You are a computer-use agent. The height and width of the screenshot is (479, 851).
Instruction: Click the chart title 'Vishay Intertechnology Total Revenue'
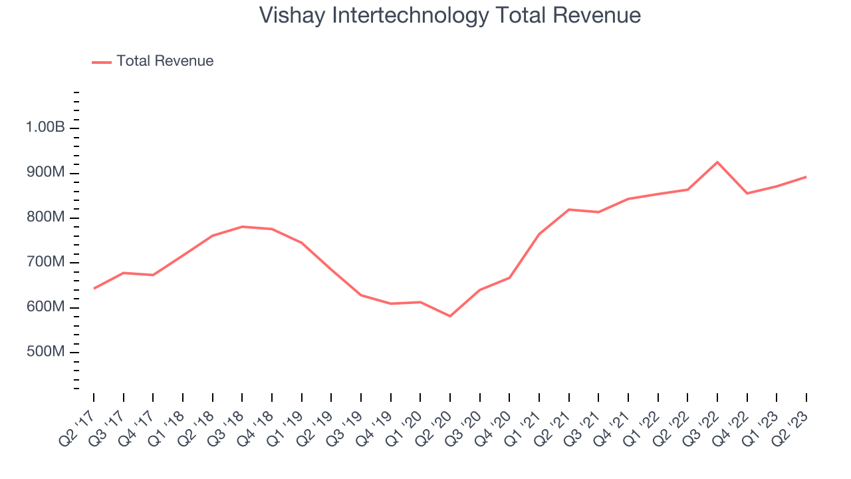click(x=449, y=15)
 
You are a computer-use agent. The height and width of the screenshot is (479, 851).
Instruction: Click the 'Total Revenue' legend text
click(x=165, y=61)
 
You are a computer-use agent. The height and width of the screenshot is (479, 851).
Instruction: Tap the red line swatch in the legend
click(x=102, y=62)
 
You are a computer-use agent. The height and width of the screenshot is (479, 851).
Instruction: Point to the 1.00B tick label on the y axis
click(x=45, y=128)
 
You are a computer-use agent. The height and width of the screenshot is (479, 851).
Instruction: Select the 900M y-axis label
click(x=45, y=173)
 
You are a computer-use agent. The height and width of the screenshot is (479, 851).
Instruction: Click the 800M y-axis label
click(x=45, y=218)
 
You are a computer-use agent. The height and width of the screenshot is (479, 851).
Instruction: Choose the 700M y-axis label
click(x=45, y=262)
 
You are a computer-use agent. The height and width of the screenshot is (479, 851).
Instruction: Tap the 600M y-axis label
click(x=45, y=307)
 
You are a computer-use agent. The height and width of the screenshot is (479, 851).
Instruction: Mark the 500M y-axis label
click(x=45, y=352)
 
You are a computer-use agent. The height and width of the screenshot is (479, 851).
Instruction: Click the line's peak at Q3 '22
click(x=717, y=162)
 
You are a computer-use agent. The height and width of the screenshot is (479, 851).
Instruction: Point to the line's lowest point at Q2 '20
click(x=450, y=316)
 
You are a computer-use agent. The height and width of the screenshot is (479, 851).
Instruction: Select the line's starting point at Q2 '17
click(x=94, y=288)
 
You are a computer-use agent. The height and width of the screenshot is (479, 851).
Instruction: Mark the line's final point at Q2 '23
click(x=806, y=177)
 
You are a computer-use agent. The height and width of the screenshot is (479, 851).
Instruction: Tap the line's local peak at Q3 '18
click(x=242, y=227)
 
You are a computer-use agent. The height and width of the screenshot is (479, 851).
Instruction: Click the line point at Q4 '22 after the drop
click(x=747, y=194)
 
